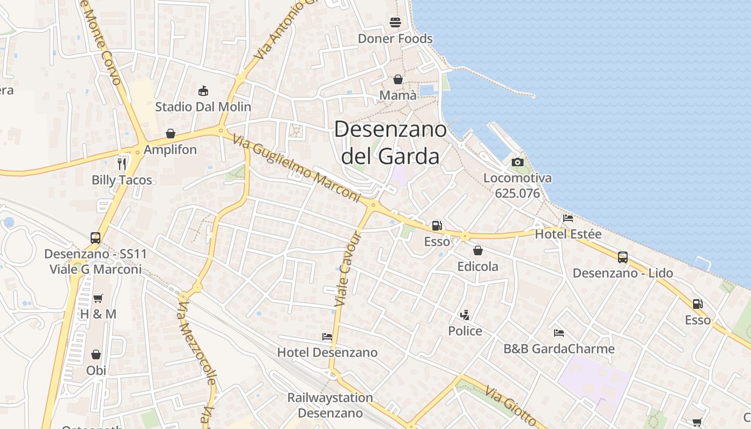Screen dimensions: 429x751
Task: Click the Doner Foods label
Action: point(395,39)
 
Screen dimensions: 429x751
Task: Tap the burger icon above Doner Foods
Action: point(395,23)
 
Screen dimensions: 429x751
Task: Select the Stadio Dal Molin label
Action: point(203,107)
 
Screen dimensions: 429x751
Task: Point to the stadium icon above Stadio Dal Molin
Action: point(203,91)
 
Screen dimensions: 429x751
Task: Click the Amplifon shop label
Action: point(170,150)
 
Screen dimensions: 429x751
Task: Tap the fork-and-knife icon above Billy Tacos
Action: point(122,164)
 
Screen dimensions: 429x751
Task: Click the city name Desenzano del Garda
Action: point(391,143)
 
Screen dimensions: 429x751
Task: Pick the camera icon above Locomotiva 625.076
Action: point(518,162)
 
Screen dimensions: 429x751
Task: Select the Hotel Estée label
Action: point(568,234)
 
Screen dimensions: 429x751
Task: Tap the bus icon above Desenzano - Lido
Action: point(622,257)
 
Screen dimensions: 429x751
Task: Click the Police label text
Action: point(465,331)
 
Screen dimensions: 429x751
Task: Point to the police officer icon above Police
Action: point(465,315)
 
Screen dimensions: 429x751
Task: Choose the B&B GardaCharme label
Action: point(558,349)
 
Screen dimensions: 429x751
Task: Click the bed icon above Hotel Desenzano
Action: point(327,337)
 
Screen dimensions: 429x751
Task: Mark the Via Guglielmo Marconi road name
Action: point(296,168)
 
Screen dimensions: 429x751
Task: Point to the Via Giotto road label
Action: point(511,406)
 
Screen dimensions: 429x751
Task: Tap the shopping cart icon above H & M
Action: point(98,298)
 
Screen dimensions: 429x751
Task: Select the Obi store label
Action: point(96,371)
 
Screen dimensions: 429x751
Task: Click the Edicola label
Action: point(477,267)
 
